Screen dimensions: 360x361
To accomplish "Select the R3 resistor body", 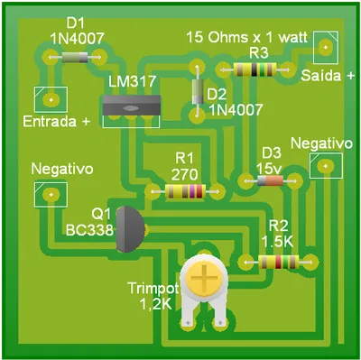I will coord(260,67).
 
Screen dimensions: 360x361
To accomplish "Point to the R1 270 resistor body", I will coord(185,191).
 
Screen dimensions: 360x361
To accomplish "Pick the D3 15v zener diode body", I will coord(271,180).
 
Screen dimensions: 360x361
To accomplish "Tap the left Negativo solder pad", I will coord(52,193).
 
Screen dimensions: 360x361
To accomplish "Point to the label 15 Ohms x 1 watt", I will coord(245,38).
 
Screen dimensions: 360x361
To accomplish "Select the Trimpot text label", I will coord(153,290).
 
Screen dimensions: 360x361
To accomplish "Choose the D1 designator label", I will coord(77,23).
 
